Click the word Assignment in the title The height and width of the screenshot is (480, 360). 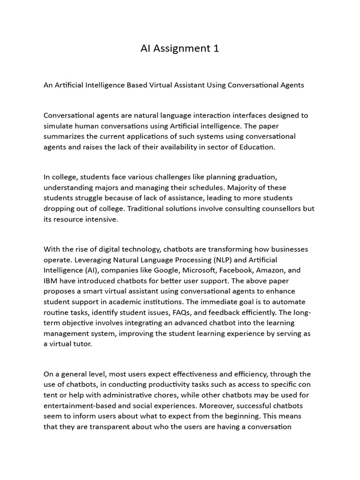click(181, 48)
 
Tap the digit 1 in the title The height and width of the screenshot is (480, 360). click(216, 48)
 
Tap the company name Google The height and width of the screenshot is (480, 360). click(163, 270)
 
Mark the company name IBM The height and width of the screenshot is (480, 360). click(51, 281)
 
